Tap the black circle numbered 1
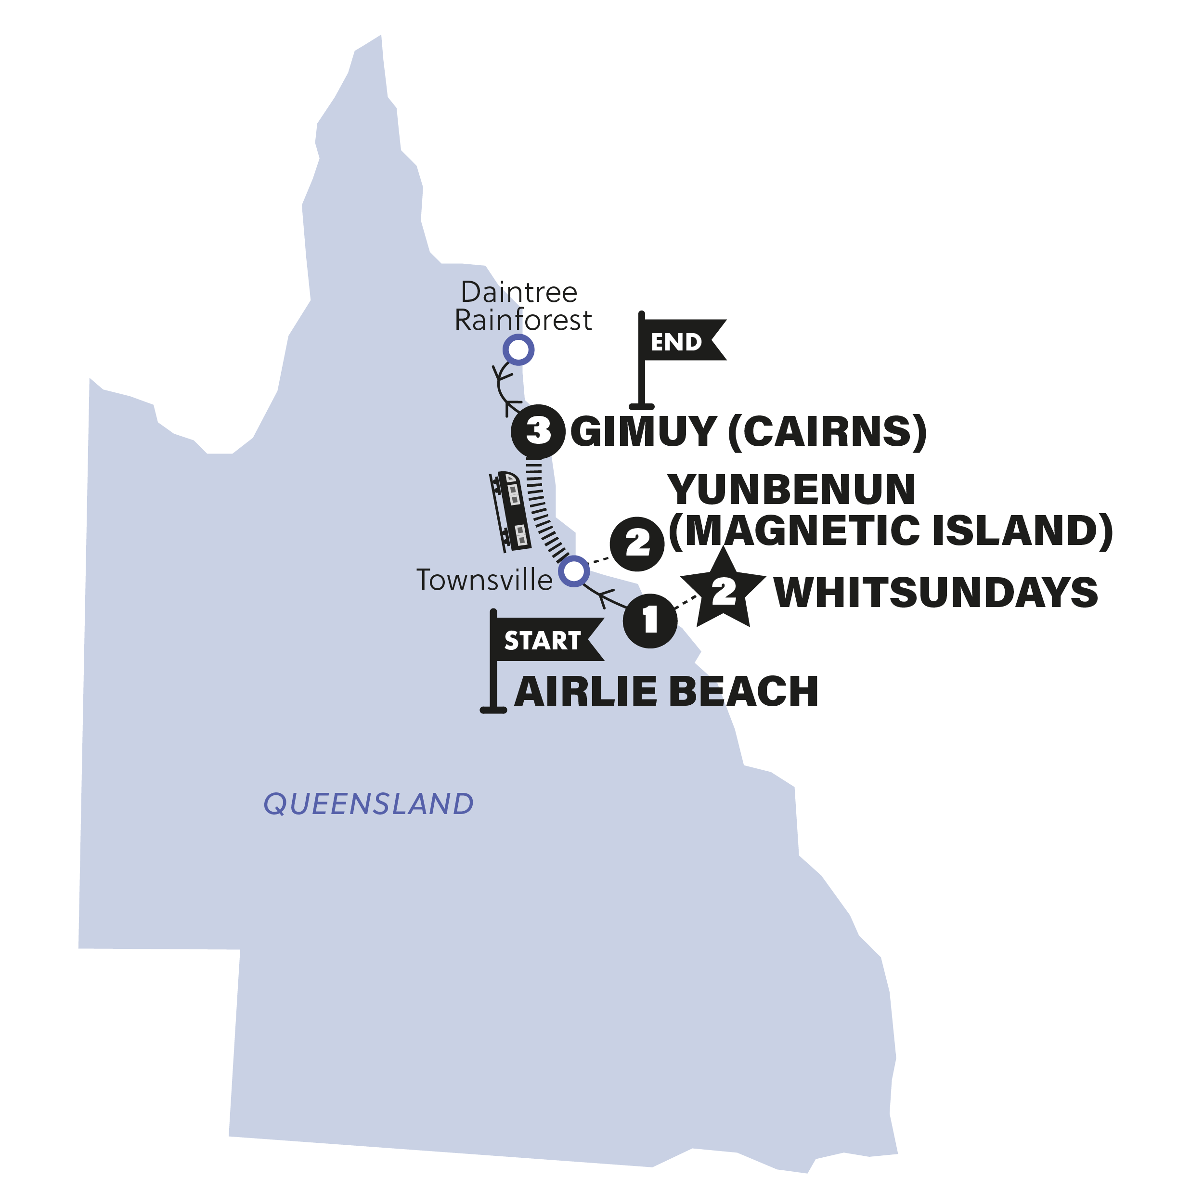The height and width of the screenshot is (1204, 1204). pyautogui.click(x=650, y=621)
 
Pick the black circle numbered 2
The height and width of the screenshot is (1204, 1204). pyautogui.click(x=637, y=544)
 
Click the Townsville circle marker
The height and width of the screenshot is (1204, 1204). pyautogui.click(x=573, y=570)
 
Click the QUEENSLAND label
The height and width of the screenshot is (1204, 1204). pyautogui.click(x=368, y=804)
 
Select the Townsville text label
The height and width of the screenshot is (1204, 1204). pyautogui.click(x=484, y=580)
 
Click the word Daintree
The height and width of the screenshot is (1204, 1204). pyautogui.click(x=519, y=292)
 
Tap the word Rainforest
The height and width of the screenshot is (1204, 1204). pyautogui.click(x=523, y=320)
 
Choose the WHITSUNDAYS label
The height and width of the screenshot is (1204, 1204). pyautogui.click(x=935, y=593)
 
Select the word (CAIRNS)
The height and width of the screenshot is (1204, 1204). pyautogui.click(x=827, y=431)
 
